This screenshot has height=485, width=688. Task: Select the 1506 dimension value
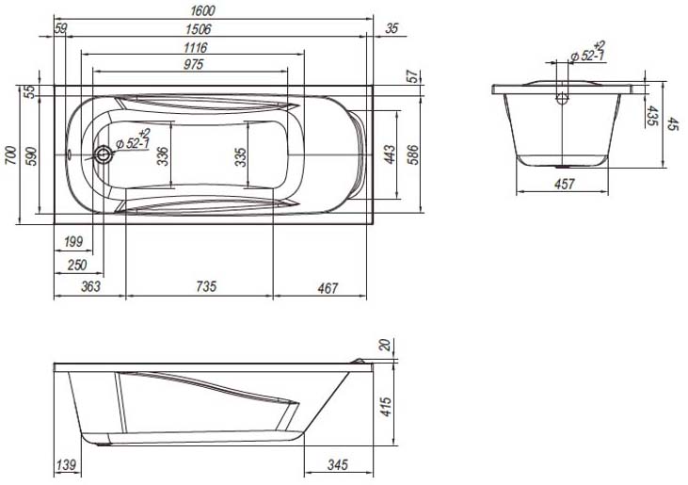click(x=198, y=29)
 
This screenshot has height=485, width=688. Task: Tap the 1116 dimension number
click(x=195, y=47)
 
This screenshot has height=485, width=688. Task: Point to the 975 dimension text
click(x=194, y=65)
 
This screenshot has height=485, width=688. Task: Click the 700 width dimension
click(x=11, y=155)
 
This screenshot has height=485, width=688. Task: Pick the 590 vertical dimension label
click(x=32, y=155)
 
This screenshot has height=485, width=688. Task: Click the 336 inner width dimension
click(x=162, y=156)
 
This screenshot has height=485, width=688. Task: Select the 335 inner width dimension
click(x=240, y=157)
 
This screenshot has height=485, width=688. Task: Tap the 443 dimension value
click(x=390, y=154)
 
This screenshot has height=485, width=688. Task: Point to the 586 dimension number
click(x=413, y=154)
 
